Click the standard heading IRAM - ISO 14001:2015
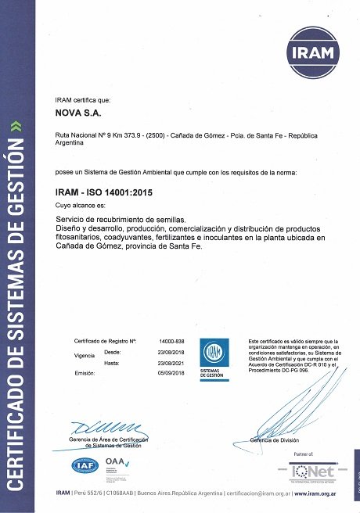pos(103,191)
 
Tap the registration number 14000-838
pos(171,343)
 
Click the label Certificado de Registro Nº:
pos(105,343)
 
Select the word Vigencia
pos(84,355)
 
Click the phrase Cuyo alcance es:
pos(78,203)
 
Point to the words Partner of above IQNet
pos(303,454)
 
